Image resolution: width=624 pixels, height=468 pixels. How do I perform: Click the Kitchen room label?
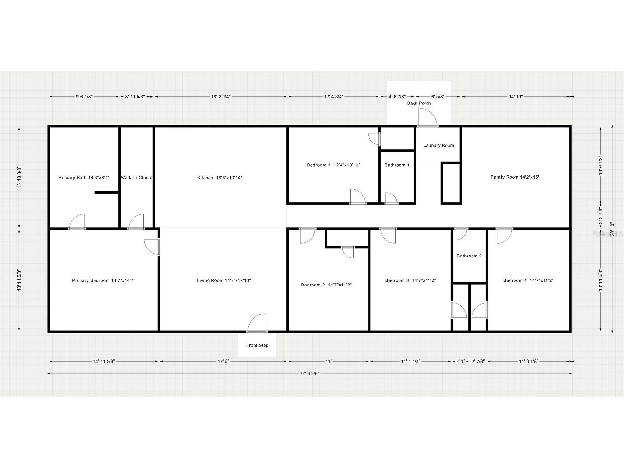point(220,178)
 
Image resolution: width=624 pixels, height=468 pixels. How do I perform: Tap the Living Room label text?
point(224,280)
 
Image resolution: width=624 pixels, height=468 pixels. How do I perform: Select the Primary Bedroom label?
point(104,280)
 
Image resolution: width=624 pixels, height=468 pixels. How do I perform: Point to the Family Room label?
point(515,177)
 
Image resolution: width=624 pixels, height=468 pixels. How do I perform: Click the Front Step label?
point(257,345)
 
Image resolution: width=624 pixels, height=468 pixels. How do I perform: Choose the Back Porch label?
point(419,103)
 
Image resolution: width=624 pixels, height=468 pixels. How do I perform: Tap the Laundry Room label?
point(439,145)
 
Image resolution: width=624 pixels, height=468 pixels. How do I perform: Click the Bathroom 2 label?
point(469,256)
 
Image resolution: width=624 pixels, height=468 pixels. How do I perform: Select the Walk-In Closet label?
point(137,178)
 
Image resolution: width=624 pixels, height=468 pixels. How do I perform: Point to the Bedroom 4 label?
point(528,280)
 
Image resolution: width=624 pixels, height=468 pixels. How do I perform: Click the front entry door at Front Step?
point(257,323)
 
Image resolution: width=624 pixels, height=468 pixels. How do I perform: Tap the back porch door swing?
point(428,117)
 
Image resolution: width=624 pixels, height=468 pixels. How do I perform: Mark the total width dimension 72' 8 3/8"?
point(310,373)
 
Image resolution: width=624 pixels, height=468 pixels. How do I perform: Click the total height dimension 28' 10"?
point(612,229)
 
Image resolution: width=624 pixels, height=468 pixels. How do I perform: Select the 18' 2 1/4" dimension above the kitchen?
point(221,97)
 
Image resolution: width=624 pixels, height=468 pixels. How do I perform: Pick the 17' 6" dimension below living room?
point(224,361)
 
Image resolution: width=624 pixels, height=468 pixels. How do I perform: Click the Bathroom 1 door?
point(391,198)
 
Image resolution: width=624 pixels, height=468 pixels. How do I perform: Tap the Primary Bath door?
point(77,222)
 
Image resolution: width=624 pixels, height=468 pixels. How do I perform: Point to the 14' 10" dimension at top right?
point(516,97)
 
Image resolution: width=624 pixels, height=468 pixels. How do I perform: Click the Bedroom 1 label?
point(333,165)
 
